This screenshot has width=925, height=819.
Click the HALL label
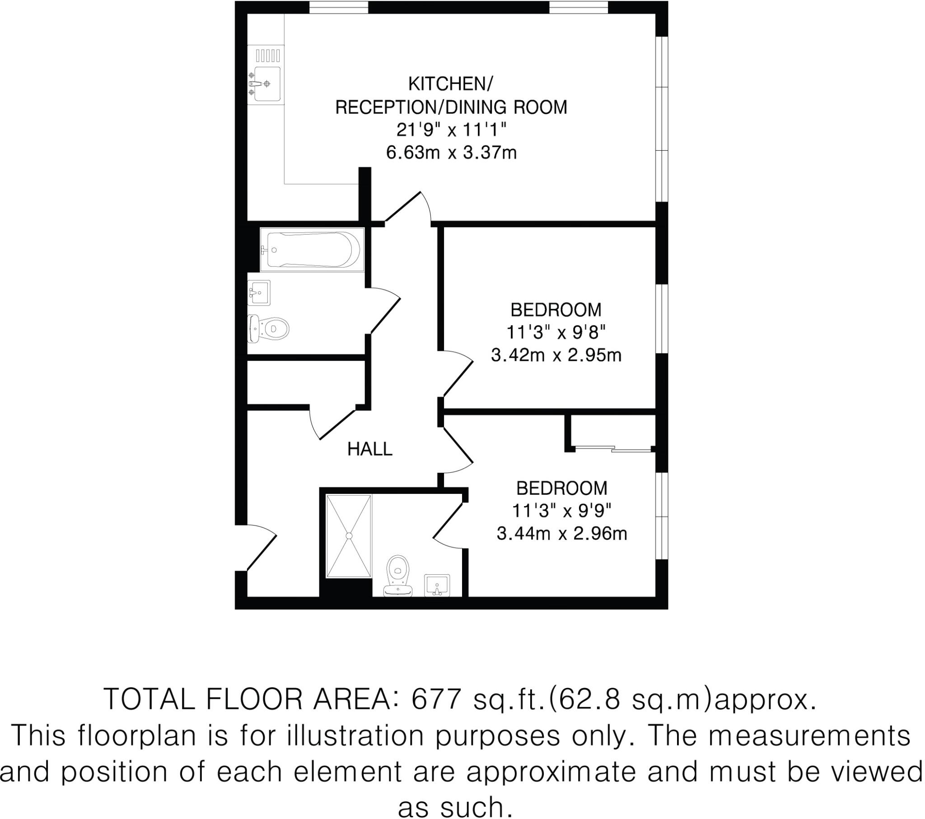tap(369, 449)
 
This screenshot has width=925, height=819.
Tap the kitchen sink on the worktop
tap(266, 84)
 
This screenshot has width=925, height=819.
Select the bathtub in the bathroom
tap(312, 250)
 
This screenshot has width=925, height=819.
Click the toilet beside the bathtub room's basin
tap(270, 329)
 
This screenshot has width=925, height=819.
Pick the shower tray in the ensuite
tap(349, 536)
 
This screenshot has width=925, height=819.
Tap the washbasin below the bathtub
tap(259, 292)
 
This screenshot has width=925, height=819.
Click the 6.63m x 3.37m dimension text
tap(451, 153)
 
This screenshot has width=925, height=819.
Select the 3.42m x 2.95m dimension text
tap(556, 355)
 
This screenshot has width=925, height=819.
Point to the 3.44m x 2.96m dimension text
tap(561, 534)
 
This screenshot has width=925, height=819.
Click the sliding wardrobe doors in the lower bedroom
tap(613, 449)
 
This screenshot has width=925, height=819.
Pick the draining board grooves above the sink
tap(268, 56)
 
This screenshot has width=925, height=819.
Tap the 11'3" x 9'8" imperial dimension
tap(556, 333)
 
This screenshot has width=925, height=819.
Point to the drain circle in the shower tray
tap(349, 536)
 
